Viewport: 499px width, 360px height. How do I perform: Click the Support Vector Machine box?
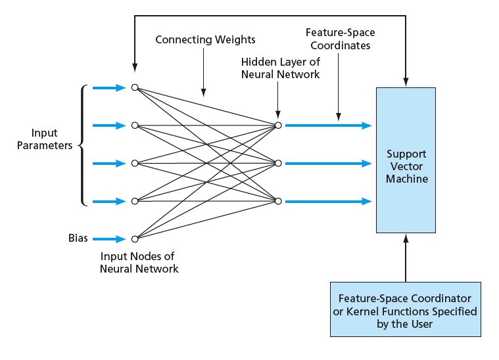(406, 160)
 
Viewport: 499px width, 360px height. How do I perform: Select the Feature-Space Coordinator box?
(405, 309)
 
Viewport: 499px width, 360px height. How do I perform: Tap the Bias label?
(78, 238)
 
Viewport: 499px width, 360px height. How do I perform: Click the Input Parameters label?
(53, 139)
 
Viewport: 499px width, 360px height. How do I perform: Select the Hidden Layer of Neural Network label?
(280, 68)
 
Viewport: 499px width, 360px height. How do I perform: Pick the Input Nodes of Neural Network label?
(139, 262)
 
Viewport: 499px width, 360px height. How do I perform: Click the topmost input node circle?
(135, 87)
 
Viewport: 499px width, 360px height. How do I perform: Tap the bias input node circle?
(135, 239)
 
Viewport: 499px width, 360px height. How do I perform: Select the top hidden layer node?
(278, 125)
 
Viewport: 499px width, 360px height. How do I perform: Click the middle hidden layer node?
(278, 163)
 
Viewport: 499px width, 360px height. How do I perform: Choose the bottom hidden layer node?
(278, 201)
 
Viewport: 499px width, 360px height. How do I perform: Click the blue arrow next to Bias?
(109, 239)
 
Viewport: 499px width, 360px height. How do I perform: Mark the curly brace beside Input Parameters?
(83, 145)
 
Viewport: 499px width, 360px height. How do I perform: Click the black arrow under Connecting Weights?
(203, 73)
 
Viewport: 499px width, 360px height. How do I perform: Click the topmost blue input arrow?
(109, 87)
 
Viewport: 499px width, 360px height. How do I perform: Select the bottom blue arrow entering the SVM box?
(328, 201)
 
